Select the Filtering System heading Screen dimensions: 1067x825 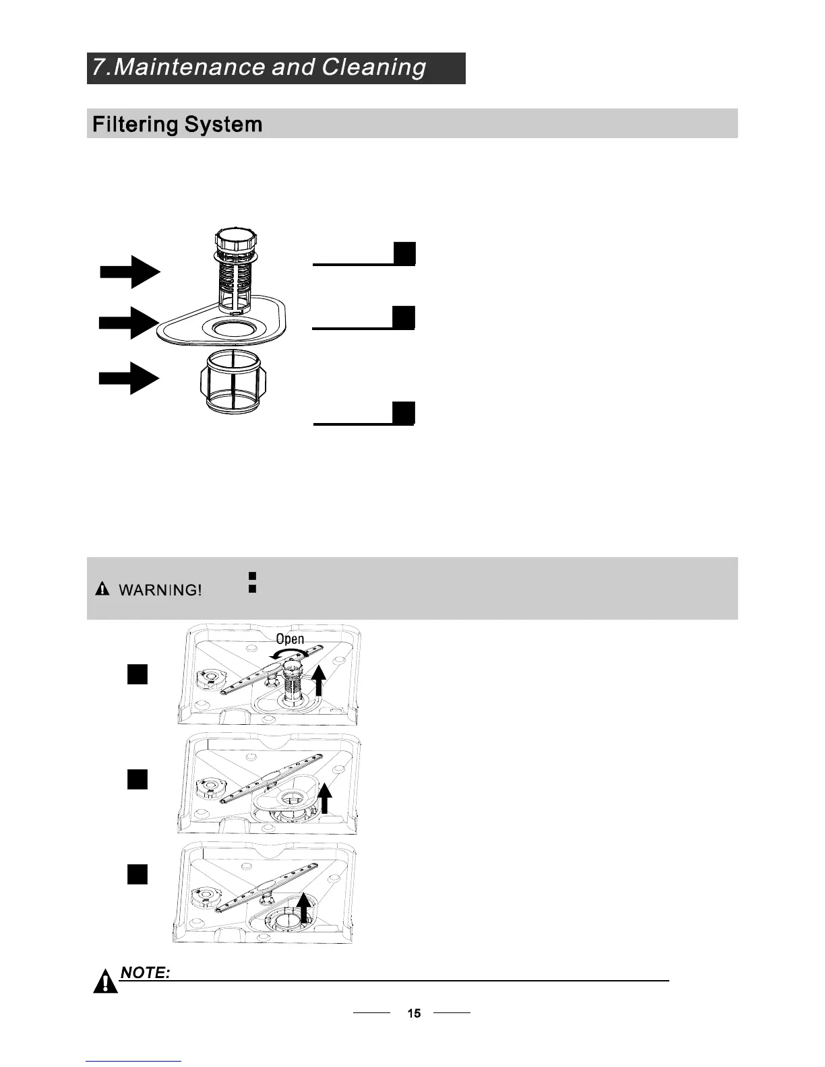pyautogui.click(x=177, y=124)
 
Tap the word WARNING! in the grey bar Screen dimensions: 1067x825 pyautogui.click(x=160, y=590)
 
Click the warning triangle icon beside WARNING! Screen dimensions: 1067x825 pyautogui.click(x=102, y=589)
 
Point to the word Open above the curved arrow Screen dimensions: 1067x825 pyautogui.click(x=290, y=639)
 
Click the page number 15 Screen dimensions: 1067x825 pyautogui.click(x=414, y=1013)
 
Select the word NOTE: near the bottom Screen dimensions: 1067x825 pyautogui.click(x=144, y=973)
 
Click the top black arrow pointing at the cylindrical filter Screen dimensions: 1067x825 pyautogui.click(x=130, y=271)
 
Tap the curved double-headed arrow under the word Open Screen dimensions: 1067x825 pyautogui.click(x=290, y=653)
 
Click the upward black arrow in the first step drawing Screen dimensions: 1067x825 pyautogui.click(x=319, y=680)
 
